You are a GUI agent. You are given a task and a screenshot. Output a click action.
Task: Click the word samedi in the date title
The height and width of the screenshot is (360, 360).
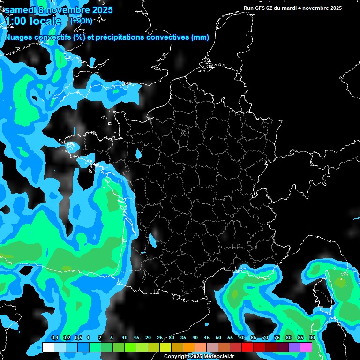[x=21, y=9]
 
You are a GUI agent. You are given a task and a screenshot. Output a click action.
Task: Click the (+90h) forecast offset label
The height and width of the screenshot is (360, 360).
[x=81, y=21]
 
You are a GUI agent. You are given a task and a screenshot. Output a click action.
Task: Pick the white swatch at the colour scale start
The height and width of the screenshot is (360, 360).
[x=48, y=347]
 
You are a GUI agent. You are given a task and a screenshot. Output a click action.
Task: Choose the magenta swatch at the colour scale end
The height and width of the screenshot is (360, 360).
[x=306, y=347]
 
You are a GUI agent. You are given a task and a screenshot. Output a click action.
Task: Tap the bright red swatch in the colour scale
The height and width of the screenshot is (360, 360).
[x=247, y=347]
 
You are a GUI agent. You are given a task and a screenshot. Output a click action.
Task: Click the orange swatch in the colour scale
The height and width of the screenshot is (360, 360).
[x=189, y=347]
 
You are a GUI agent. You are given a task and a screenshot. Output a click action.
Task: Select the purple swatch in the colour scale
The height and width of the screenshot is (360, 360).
[x=294, y=347]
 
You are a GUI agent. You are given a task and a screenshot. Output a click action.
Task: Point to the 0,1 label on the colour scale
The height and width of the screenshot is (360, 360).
[x=54, y=338]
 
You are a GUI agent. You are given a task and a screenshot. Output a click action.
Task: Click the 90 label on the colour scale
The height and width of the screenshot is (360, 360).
[x=312, y=338]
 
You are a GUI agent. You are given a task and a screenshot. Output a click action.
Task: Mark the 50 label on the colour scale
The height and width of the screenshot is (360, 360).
[x=218, y=338]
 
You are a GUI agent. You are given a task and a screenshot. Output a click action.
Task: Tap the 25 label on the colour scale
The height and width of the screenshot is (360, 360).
[x=160, y=338]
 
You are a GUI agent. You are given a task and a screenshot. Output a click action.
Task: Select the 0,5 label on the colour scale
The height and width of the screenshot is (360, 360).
[x=78, y=338]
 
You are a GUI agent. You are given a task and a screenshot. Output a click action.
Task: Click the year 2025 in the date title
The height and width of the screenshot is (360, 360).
[x=97, y=9]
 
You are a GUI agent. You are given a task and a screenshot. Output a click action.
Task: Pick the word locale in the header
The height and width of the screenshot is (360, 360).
[x=46, y=22]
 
